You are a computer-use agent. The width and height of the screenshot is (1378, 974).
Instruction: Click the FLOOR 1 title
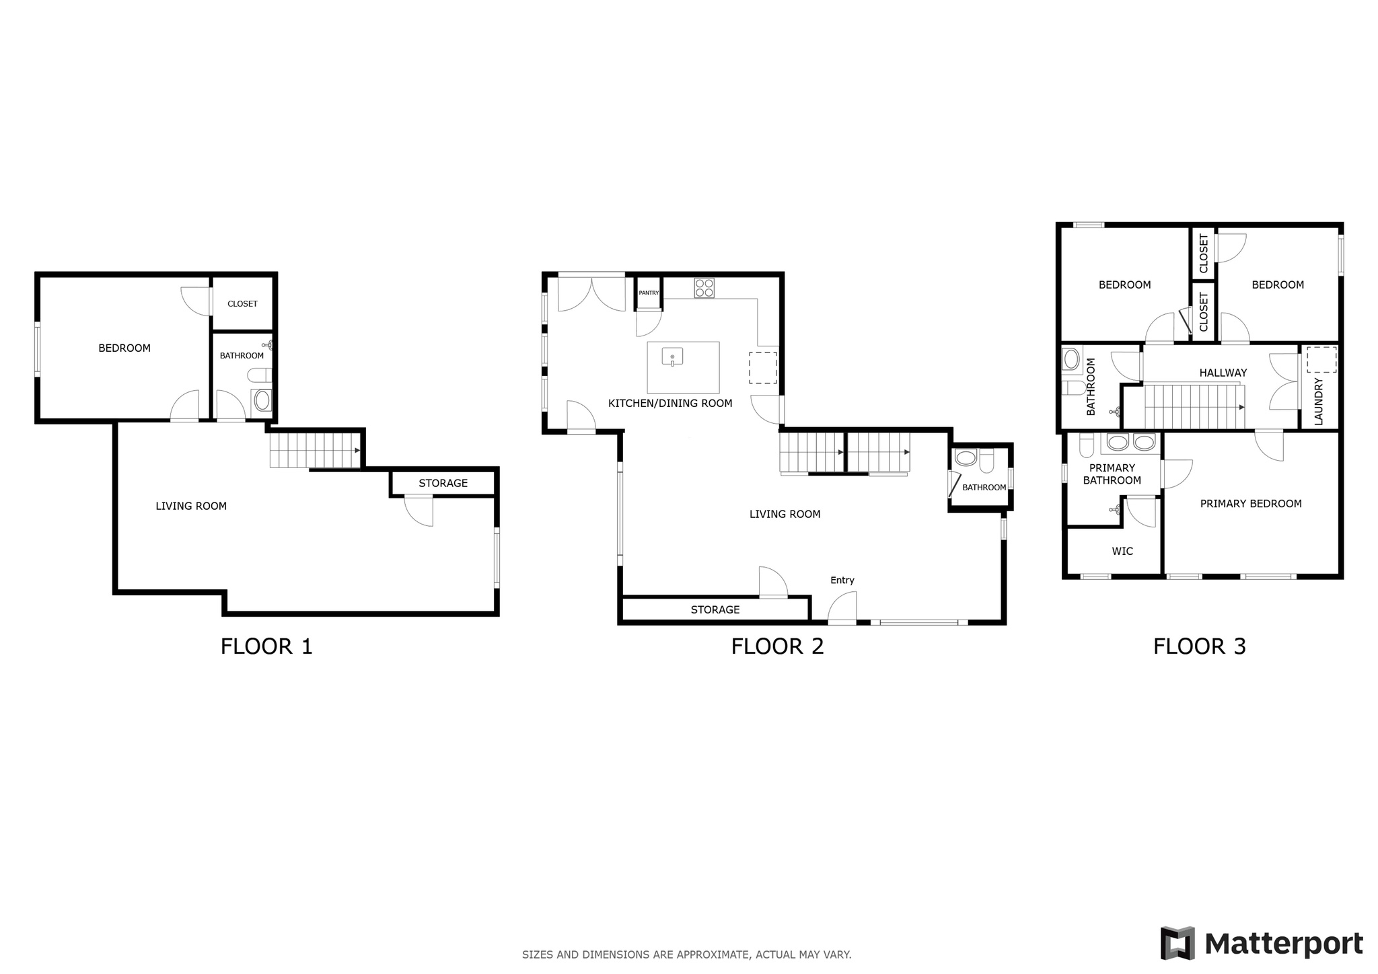(266, 646)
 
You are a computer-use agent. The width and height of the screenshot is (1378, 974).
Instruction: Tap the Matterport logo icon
(1177, 943)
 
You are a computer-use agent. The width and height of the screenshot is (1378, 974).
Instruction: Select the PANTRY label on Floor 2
(649, 293)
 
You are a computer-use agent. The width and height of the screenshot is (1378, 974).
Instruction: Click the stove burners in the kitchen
(704, 288)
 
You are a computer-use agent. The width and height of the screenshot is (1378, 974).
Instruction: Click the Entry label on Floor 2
(842, 580)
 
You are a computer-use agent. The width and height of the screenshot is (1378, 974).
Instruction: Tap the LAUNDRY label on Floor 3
(1318, 402)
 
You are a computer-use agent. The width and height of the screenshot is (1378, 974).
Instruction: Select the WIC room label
(1122, 551)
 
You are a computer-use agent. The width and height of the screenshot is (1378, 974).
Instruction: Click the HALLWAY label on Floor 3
(1223, 373)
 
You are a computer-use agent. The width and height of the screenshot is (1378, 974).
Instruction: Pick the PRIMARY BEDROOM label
(1250, 503)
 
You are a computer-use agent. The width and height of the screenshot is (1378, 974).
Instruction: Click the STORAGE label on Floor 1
(443, 483)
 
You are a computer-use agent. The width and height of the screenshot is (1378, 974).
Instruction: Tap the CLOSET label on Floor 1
(242, 303)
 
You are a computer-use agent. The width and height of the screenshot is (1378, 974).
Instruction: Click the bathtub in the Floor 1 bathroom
(262, 402)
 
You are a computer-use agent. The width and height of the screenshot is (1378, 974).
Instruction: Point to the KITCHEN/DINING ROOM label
(670, 403)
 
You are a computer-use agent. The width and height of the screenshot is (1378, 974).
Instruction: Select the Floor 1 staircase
(315, 450)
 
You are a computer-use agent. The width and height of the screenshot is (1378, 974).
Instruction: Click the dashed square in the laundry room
(1321, 360)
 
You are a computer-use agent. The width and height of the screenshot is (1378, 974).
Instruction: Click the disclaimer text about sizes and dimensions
(686, 954)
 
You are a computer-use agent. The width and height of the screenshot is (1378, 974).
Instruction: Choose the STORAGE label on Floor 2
(715, 609)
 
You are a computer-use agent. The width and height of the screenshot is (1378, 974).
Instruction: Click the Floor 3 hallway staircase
(1194, 406)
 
